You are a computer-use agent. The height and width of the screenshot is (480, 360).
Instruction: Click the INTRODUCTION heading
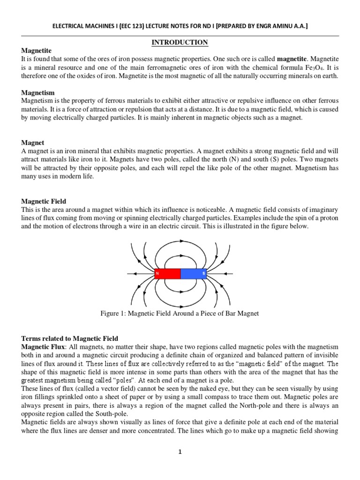(x=180, y=43)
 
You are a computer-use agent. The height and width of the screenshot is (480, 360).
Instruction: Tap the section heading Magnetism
(x=38, y=93)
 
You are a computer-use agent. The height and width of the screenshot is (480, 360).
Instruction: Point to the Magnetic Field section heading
(x=45, y=201)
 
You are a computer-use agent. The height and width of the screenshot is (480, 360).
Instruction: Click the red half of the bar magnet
(x=167, y=272)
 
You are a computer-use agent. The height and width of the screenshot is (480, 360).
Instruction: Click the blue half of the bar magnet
(x=194, y=272)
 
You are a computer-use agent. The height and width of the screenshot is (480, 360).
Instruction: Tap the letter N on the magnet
(x=157, y=272)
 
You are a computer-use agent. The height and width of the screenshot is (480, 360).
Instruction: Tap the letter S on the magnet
(x=203, y=272)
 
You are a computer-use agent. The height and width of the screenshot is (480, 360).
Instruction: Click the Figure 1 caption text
(x=180, y=313)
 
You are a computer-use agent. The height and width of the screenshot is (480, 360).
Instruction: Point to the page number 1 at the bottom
(x=180, y=452)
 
